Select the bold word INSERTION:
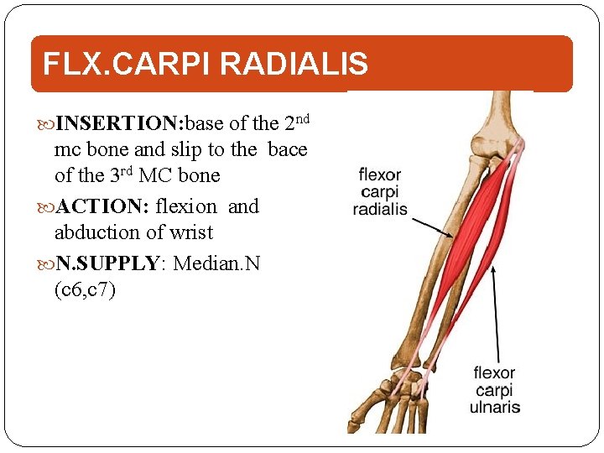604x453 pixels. (118, 124)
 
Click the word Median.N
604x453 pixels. (217, 263)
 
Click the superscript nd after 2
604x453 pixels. (303, 118)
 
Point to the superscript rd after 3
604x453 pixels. (132, 170)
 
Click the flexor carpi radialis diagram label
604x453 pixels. (380, 192)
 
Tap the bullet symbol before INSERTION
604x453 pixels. (45, 125)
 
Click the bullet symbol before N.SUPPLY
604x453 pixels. (45, 264)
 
